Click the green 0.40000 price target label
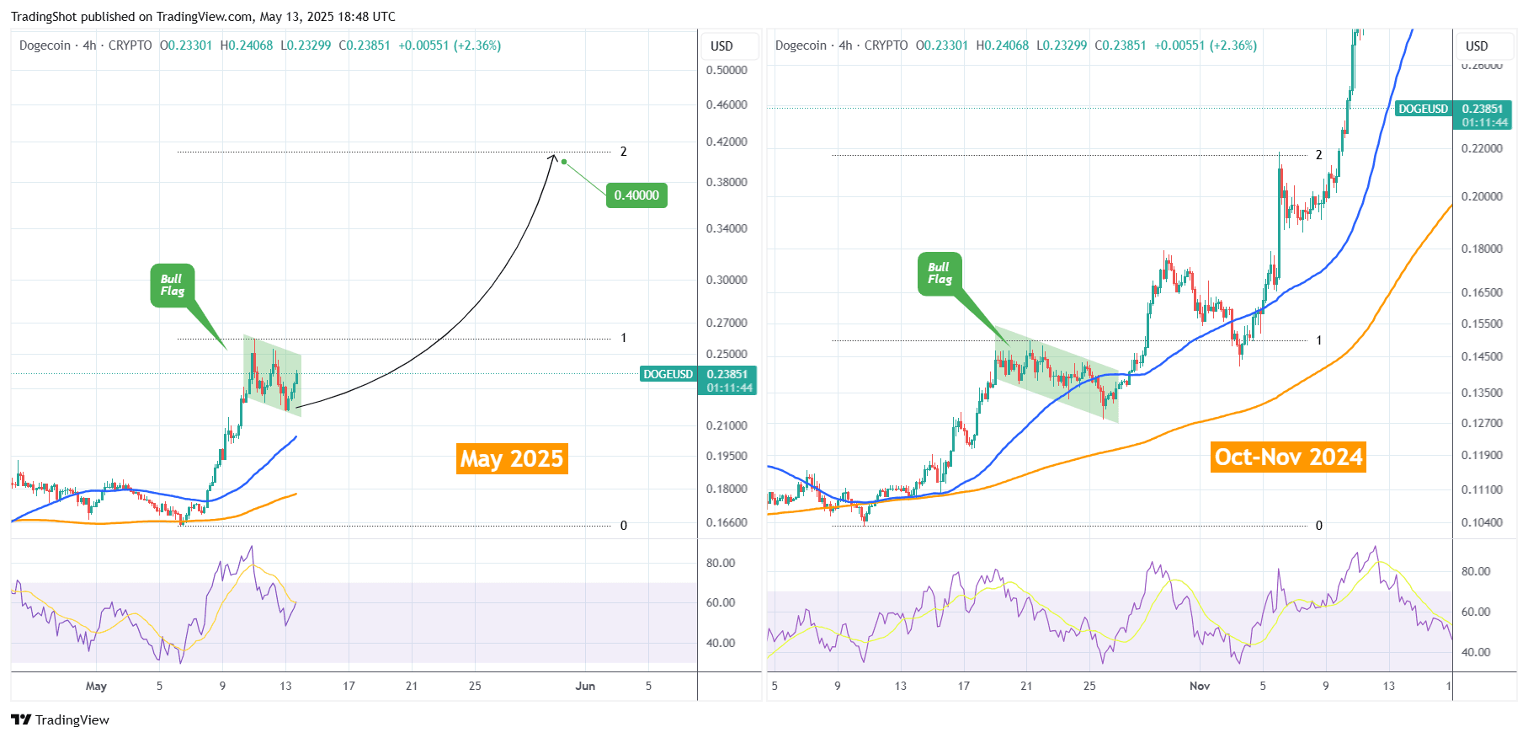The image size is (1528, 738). pyautogui.click(x=636, y=195)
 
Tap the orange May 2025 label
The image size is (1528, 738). pyautogui.click(x=512, y=458)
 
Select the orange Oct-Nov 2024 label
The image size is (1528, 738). pyautogui.click(x=1288, y=457)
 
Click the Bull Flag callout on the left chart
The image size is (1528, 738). pyautogui.click(x=172, y=286)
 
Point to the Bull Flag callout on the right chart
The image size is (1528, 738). pyautogui.click(x=940, y=274)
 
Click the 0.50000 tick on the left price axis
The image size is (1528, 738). pyautogui.click(x=727, y=70)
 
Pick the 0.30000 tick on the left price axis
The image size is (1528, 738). pyautogui.click(x=727, y=280)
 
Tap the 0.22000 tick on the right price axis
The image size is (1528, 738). pyautogui.click(x=1482, y=148)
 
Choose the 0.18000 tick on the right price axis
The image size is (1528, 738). pyautogui.click(x=1482, y=249)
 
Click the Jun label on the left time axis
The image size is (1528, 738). pyautogui.click(x=585, y=686)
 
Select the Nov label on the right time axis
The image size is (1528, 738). pyautogui.click(x=1200, y=686)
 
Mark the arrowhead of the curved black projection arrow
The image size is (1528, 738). pyautogui.click(x=553, y=157)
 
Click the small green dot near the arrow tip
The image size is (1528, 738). pyautogui.click(x=564, y=162)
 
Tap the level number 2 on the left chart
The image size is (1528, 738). pyautogui.click(x=624, y=152)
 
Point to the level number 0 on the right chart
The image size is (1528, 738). pyautogui.click(x=1319, y=526)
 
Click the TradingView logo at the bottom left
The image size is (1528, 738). pyautogui.click(x=60, y=719)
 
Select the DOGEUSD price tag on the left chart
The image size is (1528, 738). pyautogui.click(x=668, y=374)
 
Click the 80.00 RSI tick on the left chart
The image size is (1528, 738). pyautogui.click(x=721, y=563)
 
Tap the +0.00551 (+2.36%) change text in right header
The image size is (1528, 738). pyautogui.click(x=1206, y=45)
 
